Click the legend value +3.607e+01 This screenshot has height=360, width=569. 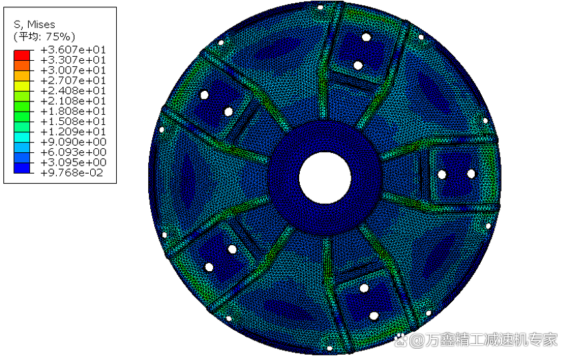pyautogui.click(x=73, y=49)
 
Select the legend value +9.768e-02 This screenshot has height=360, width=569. pyautogui.click(x=72, y=173)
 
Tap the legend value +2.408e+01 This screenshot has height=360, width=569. pyautogui.click(x=73, y=91)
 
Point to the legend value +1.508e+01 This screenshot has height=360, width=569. pyautogui.click(x=73, y=122)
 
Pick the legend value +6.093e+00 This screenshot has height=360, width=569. pyautogui.click(x=73, y=152)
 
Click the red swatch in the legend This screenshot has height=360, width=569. pyautogui.click(x=22, y=55)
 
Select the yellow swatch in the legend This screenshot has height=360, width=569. pyautogui.click(x=22, y=86)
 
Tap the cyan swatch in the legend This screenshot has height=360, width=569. pyautogui.click(x=22, y=137)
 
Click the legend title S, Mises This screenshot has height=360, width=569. pyautogui.click(x=35, y=25)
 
